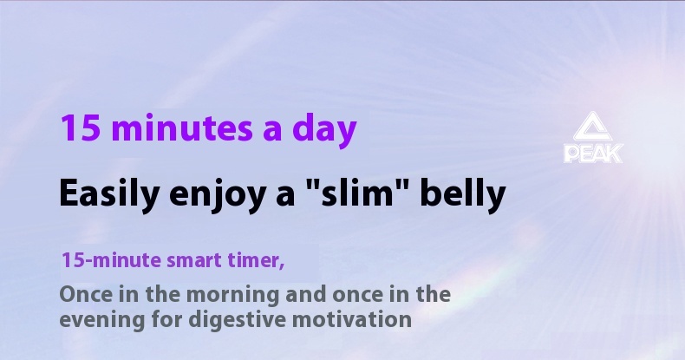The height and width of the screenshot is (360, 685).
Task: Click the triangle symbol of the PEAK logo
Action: click(x=594, y=129)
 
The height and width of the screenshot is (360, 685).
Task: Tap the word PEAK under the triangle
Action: click(x=594, y=154)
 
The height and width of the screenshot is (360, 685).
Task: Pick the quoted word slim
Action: click(x=356, y=193)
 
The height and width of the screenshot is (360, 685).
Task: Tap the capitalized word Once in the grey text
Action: click(x=84, y=293)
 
